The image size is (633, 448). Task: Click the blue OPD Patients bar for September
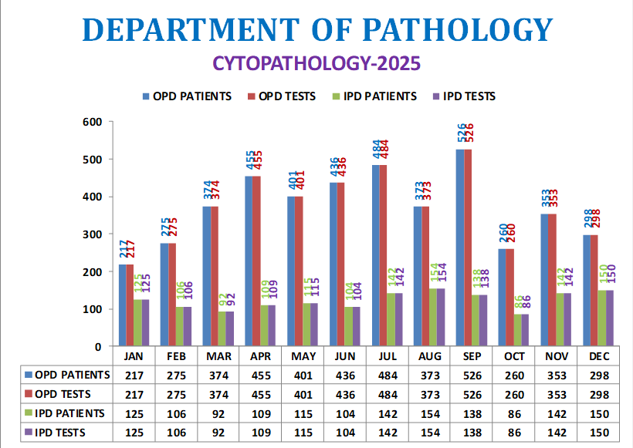pyautogui.click(x=460, y=247)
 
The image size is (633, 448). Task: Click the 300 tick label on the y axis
pyautogui.click(x=93, y=234)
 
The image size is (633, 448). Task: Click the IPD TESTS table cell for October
pyautogui.click(x=515, y=432)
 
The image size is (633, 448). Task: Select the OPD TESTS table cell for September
pyautogui.click(x=472, y=393)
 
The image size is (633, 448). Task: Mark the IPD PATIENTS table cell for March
pyautogui.click(x=219, y=413)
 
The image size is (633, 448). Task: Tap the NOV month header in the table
pyautogui.click(x=557, y=356)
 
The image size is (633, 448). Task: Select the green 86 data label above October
pyautogui.click(x=503, y=302)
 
